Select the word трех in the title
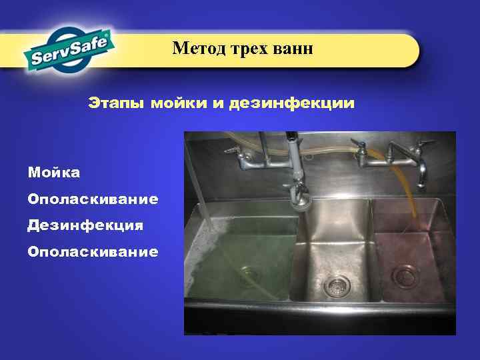tap(250, 48)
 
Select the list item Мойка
tap(54, 173)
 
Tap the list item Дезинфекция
tap(85, 225)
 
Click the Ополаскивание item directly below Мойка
tap(93, 199)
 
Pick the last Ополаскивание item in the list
tap(93, 251)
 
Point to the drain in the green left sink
tap(250, 273)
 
